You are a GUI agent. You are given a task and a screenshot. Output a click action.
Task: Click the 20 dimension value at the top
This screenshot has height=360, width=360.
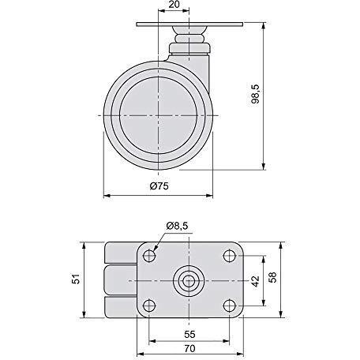[x=174, y=5]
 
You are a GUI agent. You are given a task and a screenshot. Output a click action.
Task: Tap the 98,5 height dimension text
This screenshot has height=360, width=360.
[x=255, y=94]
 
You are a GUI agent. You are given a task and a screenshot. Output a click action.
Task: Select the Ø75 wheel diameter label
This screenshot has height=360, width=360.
[x=159, y=186]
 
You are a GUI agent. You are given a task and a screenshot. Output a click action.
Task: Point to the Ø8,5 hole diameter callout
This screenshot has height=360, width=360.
[x=177, y=226]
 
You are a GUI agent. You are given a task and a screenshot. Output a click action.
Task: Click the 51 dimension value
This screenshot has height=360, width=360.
[x=76, y=279]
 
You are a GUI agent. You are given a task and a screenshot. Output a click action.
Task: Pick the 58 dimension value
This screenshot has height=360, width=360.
[x=272, y=277]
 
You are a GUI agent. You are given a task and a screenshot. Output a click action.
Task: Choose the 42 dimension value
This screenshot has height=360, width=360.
[x=255, y=281]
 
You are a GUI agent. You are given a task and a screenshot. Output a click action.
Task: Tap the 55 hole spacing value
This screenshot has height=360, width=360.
[x=189, y=334]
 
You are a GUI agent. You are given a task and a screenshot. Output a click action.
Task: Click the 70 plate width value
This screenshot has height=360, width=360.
[x=189, y=349]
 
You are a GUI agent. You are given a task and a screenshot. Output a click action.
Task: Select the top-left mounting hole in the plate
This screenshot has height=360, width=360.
[x=149, y=256]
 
